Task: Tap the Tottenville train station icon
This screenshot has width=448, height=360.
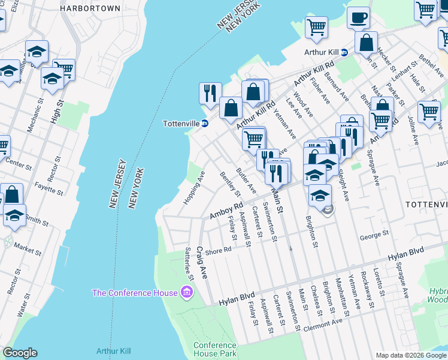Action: (205, 124)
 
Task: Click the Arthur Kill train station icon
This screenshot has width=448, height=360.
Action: (344, 52)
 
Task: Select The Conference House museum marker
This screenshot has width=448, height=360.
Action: (187, 292)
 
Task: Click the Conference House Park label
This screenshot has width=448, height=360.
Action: (214, 350)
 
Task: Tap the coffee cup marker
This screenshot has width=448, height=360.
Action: (358, 19)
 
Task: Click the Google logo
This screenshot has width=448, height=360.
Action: (20, 353)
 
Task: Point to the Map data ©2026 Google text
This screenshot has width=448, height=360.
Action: (410, 355)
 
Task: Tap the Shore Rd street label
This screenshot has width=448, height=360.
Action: (218, 250)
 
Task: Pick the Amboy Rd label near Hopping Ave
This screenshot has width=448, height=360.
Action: (225, 211)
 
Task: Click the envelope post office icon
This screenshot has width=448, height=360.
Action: (327, 210)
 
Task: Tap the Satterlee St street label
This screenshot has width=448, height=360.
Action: (189, 265)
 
